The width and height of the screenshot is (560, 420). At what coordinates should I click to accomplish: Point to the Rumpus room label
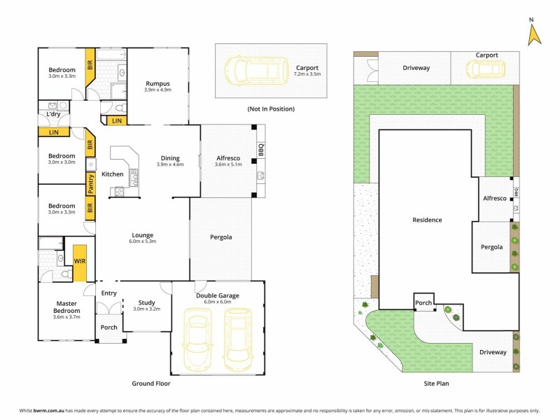pos(157,84)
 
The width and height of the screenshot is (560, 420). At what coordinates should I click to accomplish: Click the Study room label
pos(146,303)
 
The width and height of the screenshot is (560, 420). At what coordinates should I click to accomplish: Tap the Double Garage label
pos(218,295)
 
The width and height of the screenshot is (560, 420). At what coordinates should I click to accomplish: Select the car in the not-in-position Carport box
pos(255,69)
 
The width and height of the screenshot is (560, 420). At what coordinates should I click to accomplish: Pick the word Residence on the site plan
pos(426,220)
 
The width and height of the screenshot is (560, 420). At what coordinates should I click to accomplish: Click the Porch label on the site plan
pos(423,303)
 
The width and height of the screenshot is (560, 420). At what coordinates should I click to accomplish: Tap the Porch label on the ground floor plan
pos(109,327)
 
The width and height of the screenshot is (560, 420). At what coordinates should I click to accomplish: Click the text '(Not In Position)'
pos(271,109)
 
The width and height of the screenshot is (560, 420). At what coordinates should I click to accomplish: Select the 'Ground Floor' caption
pos(151,384)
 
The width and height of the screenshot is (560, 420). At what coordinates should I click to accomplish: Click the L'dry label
pos(53,114)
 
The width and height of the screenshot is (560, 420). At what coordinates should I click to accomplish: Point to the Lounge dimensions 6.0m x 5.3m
pos(142,241)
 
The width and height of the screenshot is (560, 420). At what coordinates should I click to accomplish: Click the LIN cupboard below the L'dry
pos(53,132)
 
